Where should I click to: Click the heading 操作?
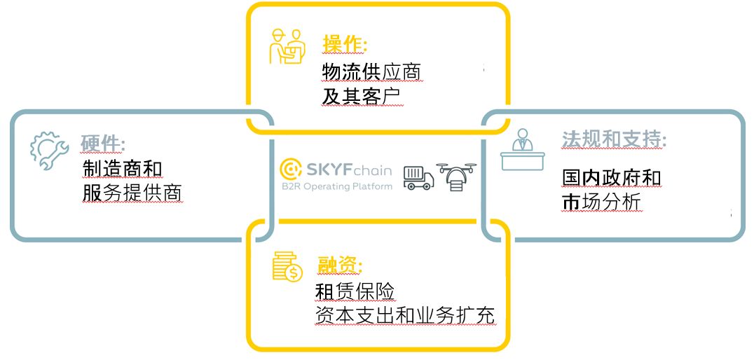345,43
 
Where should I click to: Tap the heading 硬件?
103,144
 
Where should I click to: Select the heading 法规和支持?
613,139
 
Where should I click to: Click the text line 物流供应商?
371,71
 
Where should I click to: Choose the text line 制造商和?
123,169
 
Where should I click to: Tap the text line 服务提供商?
132,193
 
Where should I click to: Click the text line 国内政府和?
611,176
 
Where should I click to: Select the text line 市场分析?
601,202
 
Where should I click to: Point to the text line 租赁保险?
355,290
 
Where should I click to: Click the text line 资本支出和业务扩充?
405,315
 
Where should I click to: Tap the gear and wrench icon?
48,151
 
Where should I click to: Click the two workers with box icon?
288,46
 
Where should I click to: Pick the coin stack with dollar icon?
287,266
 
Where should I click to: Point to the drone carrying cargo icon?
455,176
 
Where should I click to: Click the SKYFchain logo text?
335,169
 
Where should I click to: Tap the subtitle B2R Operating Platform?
336,186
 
